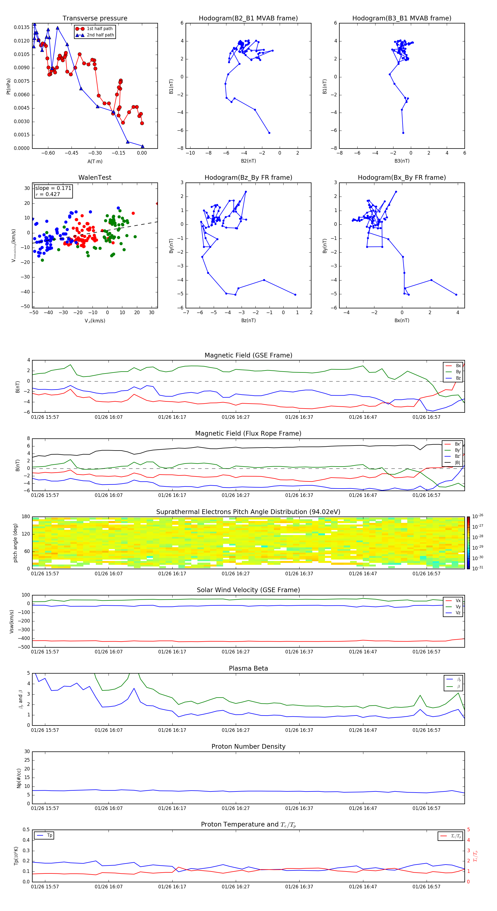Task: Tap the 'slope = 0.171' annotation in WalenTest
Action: coord(53,188)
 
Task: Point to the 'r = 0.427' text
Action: coord(48,194)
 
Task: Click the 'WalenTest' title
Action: coord(95,178)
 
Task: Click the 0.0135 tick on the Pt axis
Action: coord(22,27)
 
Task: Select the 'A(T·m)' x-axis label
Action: coord(95,161)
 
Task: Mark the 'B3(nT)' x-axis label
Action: coord(402,161)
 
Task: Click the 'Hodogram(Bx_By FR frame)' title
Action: coord(401,178)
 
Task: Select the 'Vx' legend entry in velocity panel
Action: coord(458,600)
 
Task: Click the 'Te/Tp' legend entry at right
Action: coord(456,836)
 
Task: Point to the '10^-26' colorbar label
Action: coord(478,516)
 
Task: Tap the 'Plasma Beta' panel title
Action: coord(248,668)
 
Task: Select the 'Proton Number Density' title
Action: coord(248,746)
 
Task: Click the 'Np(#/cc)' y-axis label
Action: coord(19,778)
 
